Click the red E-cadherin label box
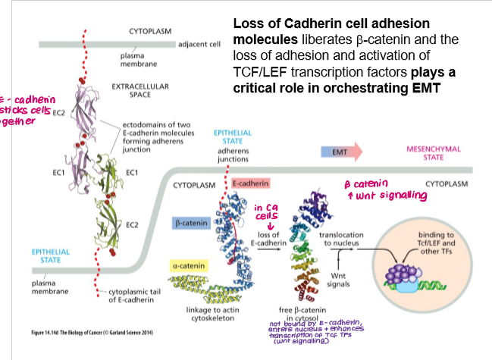coord(247,184)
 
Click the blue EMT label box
coord(340,152)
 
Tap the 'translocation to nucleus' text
coord(342,239)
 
